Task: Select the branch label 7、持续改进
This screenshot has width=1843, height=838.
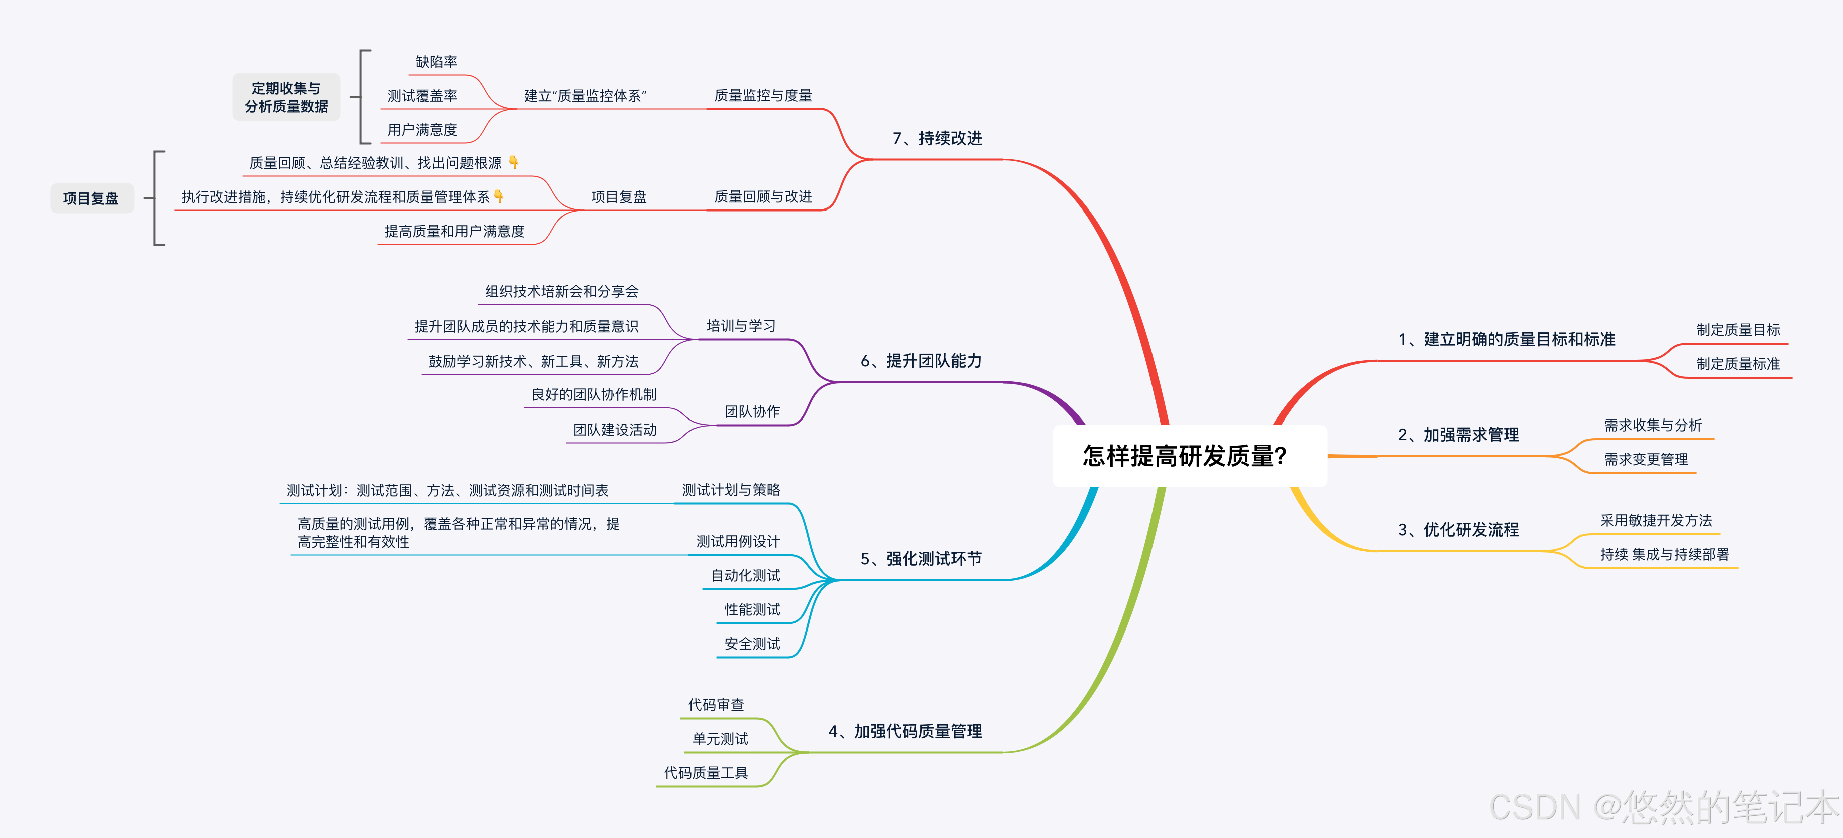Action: (937, 138)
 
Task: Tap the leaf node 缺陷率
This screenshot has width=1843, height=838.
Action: (436, 62)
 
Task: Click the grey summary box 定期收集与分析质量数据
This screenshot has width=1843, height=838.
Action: (286, 97)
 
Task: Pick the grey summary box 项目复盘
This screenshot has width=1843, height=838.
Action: (91, 198)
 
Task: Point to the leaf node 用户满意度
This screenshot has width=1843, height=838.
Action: (422, 129)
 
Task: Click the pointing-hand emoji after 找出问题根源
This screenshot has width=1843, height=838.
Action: (514, 162)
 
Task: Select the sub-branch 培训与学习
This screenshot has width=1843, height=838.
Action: (741, 326)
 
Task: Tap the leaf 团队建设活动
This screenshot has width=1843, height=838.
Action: (614, 430)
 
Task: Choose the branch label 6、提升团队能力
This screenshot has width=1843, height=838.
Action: (921, 361)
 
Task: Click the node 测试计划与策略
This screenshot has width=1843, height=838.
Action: (731, 490)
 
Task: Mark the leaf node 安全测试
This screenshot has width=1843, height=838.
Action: (752, 644)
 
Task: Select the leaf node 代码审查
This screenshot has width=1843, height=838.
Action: (716, 705)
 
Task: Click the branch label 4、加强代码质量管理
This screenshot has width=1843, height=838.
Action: (905, 731)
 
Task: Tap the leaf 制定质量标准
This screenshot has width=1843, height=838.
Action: (1738, 363)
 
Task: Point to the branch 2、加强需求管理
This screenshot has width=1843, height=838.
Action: (1458, 435)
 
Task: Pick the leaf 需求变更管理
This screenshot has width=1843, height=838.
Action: (1646, 459)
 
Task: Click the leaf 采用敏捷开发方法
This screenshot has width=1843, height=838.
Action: (1656, 520)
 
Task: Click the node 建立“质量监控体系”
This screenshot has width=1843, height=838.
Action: (585, 96)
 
